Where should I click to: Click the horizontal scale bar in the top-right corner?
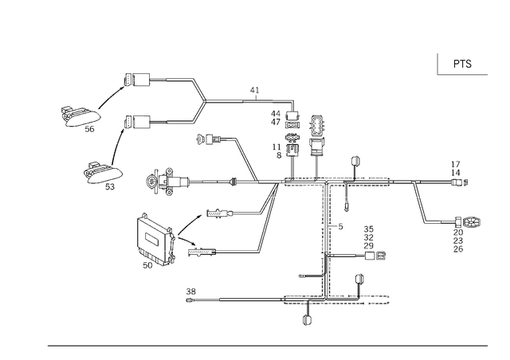[456, 76]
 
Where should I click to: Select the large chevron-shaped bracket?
[200, 102]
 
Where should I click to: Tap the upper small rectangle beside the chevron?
[157, 81]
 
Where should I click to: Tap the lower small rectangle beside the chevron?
[156, 122]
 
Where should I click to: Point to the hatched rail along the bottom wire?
[335, 300]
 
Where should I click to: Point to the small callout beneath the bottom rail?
[308, 319]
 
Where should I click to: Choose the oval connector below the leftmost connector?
[102, 171]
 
